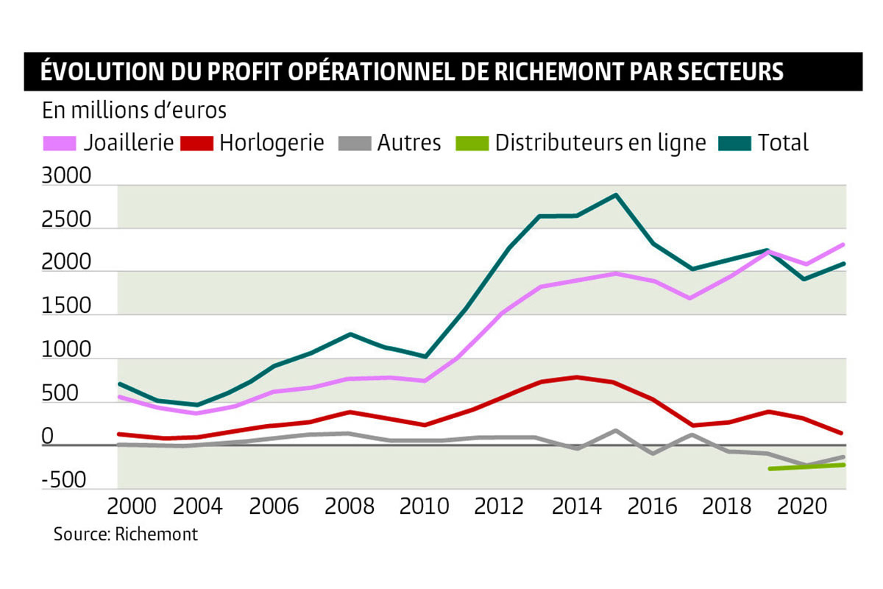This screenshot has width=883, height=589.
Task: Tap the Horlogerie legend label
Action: [x=272, y=142]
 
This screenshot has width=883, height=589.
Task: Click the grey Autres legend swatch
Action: [x=354, y=142]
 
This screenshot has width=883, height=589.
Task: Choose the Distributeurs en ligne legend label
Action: [x=600, y=142]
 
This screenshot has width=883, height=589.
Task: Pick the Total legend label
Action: [x=783, y=142]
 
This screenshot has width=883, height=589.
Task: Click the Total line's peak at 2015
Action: [x=616, y=195]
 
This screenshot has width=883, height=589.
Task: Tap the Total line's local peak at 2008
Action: [x=351, y=334]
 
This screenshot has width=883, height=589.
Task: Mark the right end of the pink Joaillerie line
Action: [x=844, y=244]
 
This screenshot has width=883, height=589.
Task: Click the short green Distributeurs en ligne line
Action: [x=806, y=467]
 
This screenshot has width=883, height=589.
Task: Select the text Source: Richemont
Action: [x=126, y=534]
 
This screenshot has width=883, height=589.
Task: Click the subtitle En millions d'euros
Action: [x=134, y=110]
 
